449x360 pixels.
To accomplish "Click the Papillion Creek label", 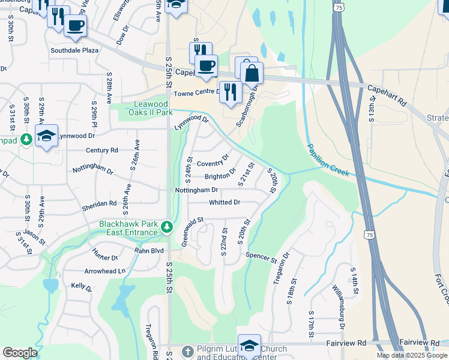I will point(328,160).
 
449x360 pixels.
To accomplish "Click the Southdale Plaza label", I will point(74,50).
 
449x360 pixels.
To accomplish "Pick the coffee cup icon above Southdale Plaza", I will point(75,25).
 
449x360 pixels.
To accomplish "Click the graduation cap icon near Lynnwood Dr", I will point(46,136).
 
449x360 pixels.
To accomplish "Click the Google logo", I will point(19,353).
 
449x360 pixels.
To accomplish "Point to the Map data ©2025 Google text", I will point(412,355).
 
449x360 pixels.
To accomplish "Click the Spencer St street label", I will point(261,257).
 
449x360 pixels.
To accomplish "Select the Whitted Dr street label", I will point(224,203).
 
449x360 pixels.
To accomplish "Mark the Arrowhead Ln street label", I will point(105,271).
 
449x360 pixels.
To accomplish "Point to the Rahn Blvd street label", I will point(149,250).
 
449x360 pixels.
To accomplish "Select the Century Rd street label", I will point(101,150).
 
